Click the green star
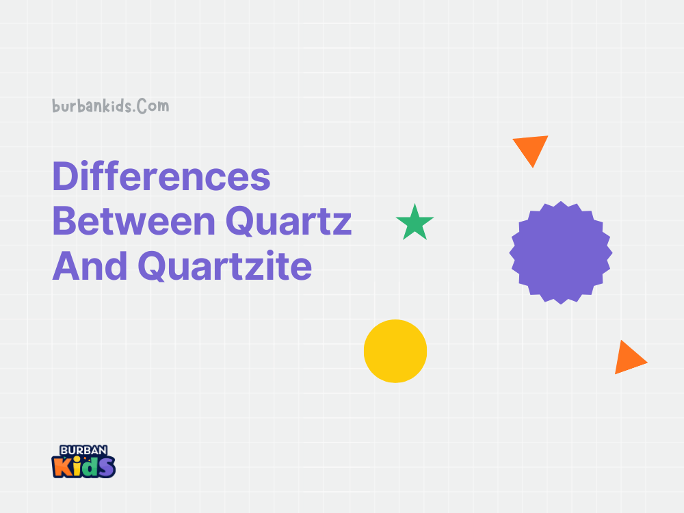point(415,224)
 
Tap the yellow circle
point(395,351)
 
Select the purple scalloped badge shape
point(561,252)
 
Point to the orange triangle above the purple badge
point(531,148)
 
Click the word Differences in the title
point(161,177)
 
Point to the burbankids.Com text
point(110,107)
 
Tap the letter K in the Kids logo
point(62,467)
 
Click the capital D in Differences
point(66,177)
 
